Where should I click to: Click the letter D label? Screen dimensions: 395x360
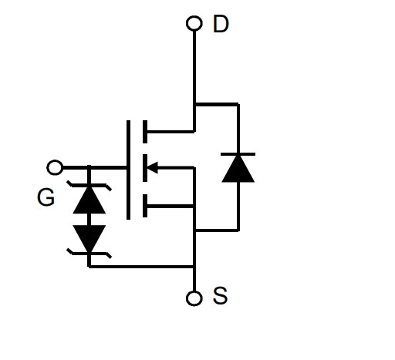(221, 24)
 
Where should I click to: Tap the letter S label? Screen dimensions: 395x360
(220, 296)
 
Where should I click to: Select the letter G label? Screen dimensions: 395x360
(46, 197)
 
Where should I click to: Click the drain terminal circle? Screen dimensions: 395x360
(194, 23)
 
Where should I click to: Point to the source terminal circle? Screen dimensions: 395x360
(194, 298)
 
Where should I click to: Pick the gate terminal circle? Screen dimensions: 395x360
(55, 167)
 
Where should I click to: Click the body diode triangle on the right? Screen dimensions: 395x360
(238, 169)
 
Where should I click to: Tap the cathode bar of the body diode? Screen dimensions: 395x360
(238, 154)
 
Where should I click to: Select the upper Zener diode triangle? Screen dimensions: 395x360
(89, 200)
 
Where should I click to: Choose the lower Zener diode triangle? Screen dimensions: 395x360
(89, 239)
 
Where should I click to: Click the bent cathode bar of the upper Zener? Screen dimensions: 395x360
(89, 186)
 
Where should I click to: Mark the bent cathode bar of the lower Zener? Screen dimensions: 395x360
(89, 254)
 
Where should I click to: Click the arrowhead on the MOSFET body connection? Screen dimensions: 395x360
(152, 168)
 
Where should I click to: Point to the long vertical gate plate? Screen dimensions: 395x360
(128, 170)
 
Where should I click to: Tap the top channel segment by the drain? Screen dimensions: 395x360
(145, 132)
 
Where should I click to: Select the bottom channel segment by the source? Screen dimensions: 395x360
(145, 206)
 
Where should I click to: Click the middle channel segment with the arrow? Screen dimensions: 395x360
(145, 168)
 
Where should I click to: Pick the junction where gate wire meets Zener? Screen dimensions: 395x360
(89, 168)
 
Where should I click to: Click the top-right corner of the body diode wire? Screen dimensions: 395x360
(238, 104)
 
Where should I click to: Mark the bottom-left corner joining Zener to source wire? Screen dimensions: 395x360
(89, 267)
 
